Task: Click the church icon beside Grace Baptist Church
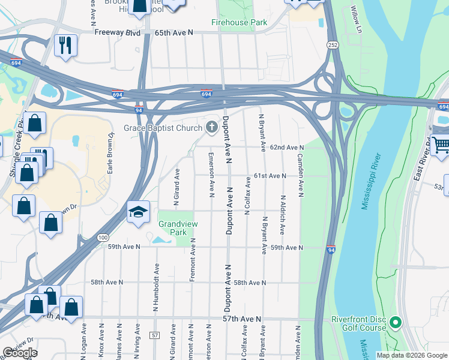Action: click(x=211, y=127)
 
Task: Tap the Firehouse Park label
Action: click(x=238, y=23)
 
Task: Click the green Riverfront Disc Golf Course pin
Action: click(x=395, y=323)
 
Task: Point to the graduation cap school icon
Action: click(x=137, y=212)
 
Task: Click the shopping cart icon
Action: click(x=441, y=145)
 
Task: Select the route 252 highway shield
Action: click(x=331, y=46)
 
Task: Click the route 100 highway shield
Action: click(x=103, y=238)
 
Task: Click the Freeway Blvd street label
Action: click(x=117, y=32)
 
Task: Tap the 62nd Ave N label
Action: click(x=286, y=148)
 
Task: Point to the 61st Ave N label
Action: click(x=268, y=176)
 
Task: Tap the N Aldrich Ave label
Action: click(x=282, y=214)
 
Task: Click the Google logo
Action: click(x=20, y=353)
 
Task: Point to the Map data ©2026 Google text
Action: click(x=411, y=355)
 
